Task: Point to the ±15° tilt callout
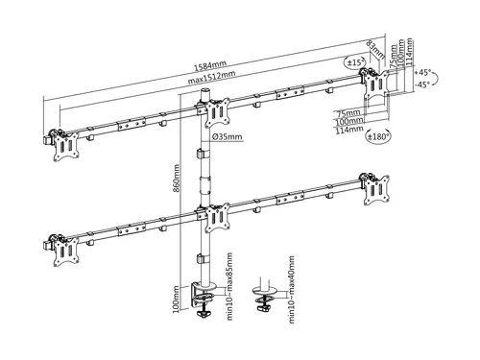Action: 356,64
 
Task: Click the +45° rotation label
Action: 423,72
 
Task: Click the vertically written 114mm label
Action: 410,47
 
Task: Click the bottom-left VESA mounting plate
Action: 66,249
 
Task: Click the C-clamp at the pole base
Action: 204,293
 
